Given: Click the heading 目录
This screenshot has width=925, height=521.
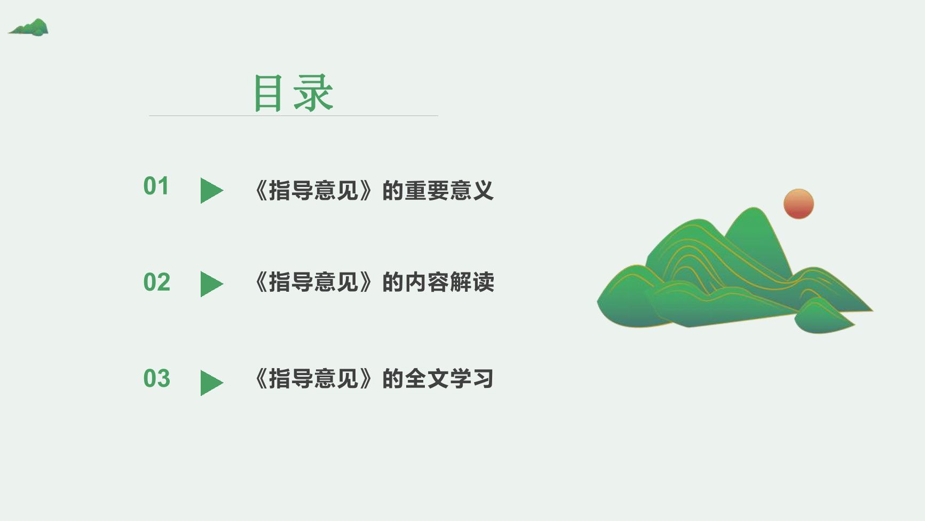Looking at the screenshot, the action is (x=294, y=93).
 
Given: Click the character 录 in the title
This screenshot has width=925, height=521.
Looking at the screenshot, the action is (x=314, y=93).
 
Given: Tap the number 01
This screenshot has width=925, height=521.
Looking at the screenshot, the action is (x=156, y=186).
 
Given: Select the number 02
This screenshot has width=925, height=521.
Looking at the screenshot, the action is (x=156, y=282).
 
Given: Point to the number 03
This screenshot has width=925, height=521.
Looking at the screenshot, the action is (x=156, y=378).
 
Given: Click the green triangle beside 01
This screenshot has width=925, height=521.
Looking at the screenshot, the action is (x=210, y=191).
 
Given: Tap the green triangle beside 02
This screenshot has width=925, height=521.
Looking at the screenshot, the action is (x=210, y=284).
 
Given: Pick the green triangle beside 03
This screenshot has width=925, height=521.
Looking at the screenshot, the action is (x=210, y=383).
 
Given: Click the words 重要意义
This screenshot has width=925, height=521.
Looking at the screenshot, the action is (x=449, y=191).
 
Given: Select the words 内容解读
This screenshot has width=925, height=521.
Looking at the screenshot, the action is (x=449, y=282).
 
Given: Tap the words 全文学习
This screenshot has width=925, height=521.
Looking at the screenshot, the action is (x=449, y=378).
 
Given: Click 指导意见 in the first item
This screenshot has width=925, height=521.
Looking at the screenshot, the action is (x=313, y=191).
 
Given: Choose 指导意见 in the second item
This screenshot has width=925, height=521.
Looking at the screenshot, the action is (x=313, y=282).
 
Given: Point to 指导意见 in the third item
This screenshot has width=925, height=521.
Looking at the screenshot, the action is (x=313, y=378).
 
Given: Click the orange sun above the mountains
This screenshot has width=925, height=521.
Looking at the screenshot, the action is (x=798, y=204).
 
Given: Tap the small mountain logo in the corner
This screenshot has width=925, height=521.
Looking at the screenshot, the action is (x=28, y=27).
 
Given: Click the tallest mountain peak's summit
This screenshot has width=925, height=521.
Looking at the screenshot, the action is (x=754, y=208).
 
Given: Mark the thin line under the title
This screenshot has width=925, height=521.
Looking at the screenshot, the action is (x=294, y=115).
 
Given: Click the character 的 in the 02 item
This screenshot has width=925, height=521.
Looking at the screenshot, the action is (x=392, y=282).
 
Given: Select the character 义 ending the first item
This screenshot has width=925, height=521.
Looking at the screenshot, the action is (x=483, y=191).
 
